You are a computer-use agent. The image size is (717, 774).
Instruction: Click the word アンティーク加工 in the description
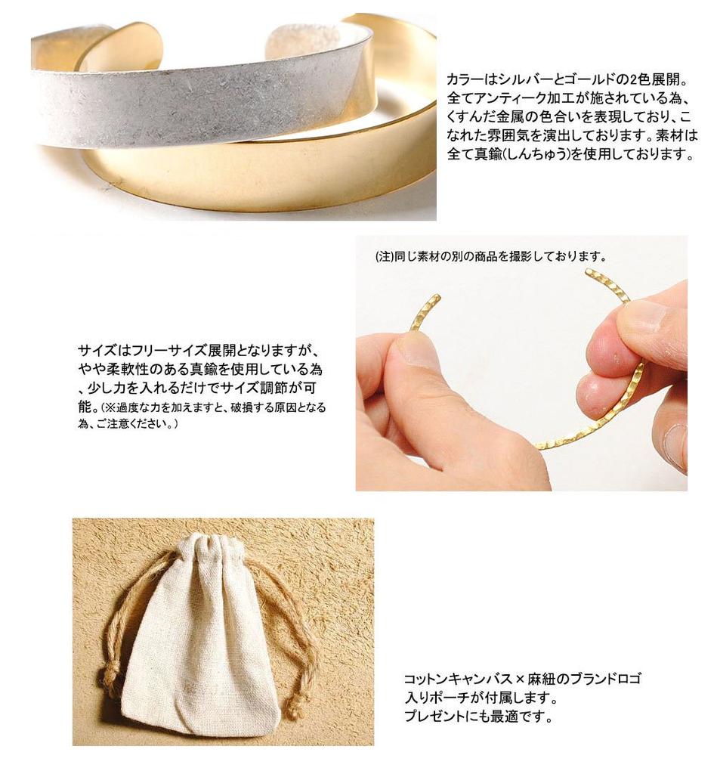click(x=521, y=98)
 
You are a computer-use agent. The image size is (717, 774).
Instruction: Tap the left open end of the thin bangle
click(x=434, y=297)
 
